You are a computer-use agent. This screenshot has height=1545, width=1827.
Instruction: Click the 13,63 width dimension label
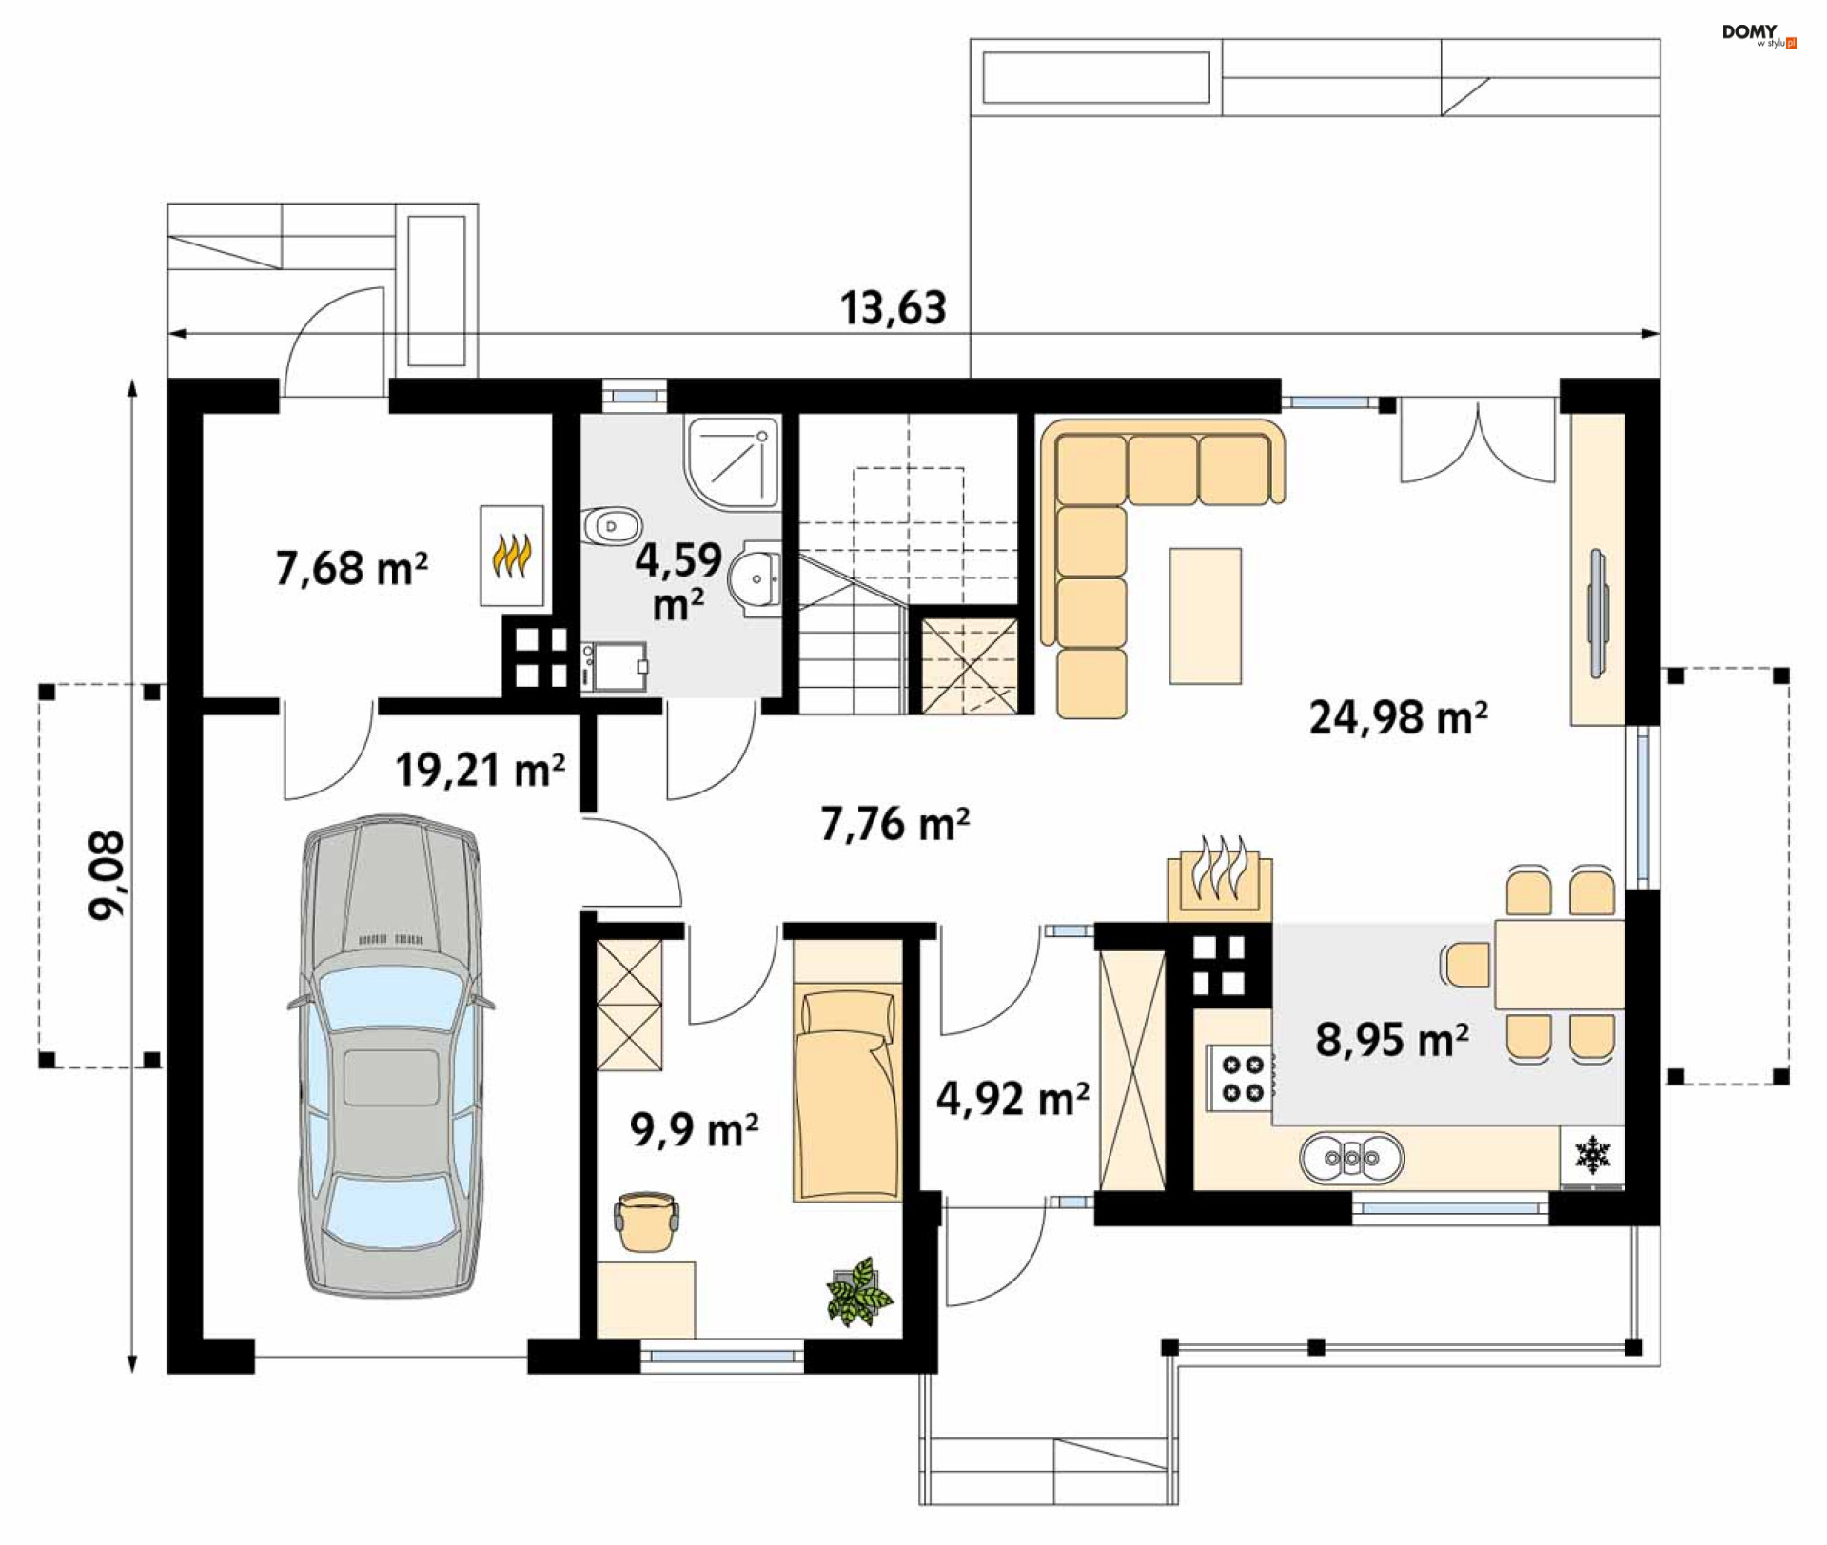(893, 308)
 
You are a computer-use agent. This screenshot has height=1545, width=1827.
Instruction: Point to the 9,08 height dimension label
(107, 875)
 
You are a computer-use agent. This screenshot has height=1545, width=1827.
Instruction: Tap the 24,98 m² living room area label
(1398, 717)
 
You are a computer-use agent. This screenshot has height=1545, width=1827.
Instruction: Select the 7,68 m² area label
(351, 568)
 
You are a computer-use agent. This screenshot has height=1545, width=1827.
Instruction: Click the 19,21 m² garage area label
(480, 770)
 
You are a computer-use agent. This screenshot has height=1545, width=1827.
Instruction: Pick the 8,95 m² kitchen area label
(1392, 1040)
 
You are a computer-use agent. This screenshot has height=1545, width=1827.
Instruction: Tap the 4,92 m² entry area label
(1012, 1099)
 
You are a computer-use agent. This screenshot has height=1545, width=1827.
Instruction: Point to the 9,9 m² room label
(694, 1130)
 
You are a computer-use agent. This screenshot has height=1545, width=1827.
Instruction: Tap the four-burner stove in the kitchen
(1241, 1078)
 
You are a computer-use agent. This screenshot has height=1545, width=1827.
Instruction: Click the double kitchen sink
(1351, 1158)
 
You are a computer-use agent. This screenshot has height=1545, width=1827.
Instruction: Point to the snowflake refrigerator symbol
(1592, 1155)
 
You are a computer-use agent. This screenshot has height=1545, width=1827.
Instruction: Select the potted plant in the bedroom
(860, 1292)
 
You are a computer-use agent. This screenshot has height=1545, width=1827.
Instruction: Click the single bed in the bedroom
(847, 1092)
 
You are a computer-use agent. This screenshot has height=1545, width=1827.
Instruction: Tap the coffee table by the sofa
(1206, 616)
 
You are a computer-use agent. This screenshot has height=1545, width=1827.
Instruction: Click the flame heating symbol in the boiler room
(512, 556)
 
